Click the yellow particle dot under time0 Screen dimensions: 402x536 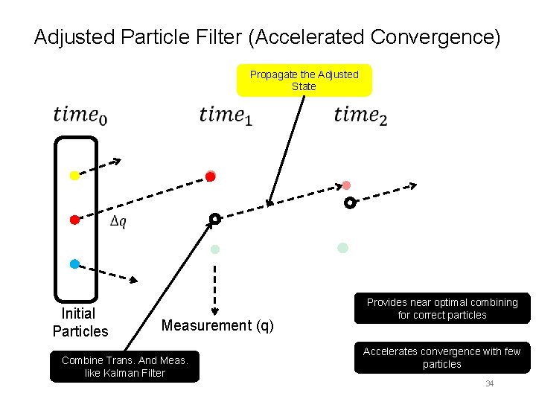[74, 176]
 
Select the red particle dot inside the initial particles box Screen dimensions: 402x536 [74, 220]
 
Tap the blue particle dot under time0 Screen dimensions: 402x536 [74, 264]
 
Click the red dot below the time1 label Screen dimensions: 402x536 [211, 176]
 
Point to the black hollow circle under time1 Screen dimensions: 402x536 [214, 219]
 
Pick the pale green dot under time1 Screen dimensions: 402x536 [215, 249]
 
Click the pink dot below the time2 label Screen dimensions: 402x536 [346, 185]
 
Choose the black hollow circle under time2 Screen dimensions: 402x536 [350, 202]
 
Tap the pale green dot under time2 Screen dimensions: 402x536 [342, 248]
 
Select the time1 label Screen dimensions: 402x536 [226, 115]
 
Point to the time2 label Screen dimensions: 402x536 [360, 115]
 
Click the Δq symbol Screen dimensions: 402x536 [118, 222]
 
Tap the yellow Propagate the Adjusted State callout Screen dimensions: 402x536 [304, 80]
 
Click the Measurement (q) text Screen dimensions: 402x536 [217, 325]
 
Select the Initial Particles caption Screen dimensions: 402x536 [80, 322]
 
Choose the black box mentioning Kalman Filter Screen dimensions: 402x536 [124, 366]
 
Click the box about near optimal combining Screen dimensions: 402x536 [441, 308]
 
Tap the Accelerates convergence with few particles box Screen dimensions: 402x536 [441, 358]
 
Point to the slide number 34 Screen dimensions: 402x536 [490, 384]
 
